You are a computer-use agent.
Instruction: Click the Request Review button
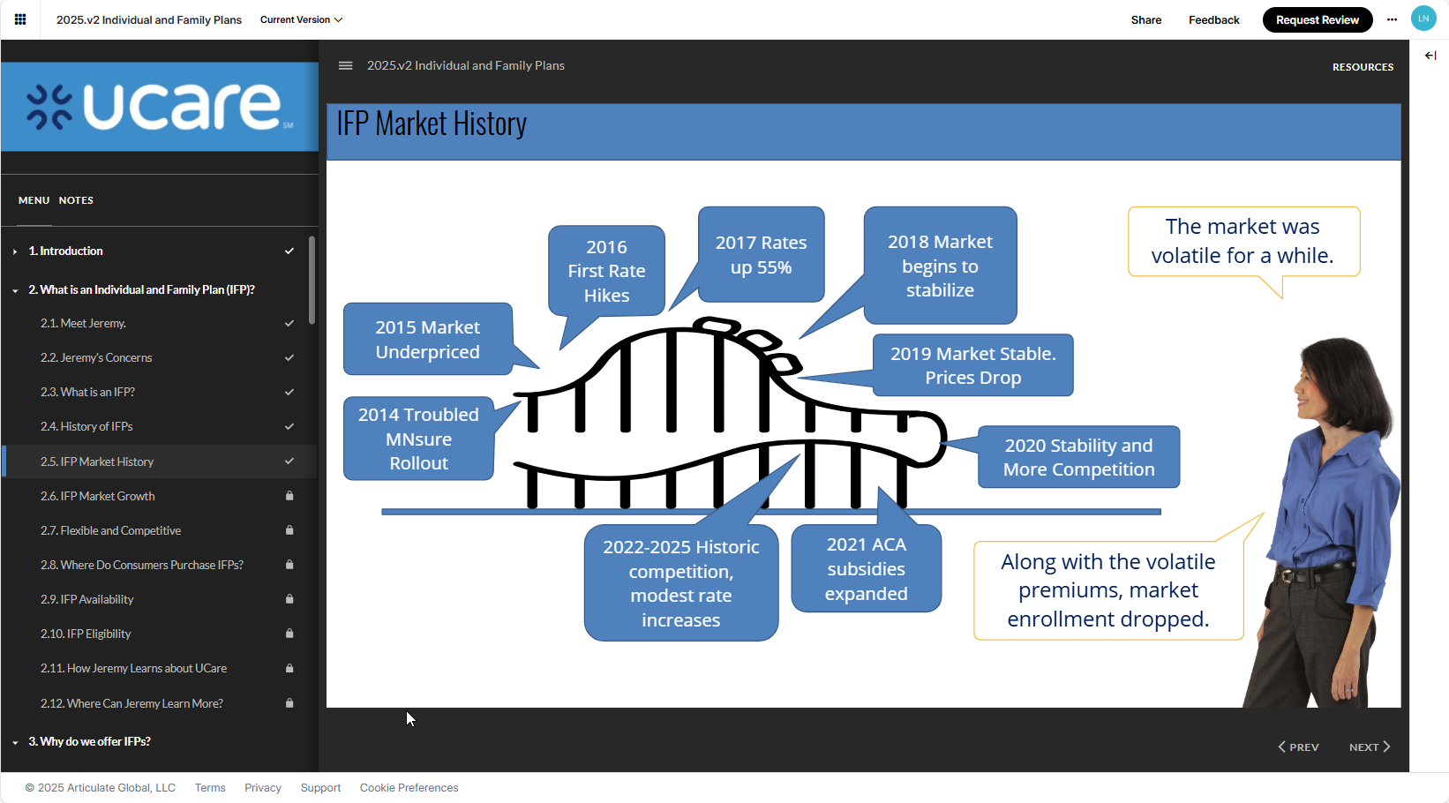1317,19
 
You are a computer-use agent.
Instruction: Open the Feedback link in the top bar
1213,19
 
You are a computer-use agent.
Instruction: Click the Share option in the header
1145,19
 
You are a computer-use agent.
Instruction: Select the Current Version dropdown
301,19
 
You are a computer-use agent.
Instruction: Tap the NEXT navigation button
1369,747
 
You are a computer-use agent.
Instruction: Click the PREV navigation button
1299,747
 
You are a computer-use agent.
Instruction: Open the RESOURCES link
1363,67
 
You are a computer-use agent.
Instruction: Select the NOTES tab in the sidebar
76,200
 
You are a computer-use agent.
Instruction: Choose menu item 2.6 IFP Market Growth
98,496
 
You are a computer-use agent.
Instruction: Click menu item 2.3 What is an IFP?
87,392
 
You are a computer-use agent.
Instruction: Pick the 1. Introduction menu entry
66,251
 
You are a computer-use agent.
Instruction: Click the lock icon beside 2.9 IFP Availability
289,599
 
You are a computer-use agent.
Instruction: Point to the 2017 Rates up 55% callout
761,255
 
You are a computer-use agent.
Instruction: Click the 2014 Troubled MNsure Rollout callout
418,439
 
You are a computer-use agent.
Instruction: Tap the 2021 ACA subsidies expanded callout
866,569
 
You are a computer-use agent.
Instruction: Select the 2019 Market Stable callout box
972,365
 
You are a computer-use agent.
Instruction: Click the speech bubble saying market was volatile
1243,241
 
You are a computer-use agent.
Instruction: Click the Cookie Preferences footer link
409,788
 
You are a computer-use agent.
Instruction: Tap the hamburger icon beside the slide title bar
346,65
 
